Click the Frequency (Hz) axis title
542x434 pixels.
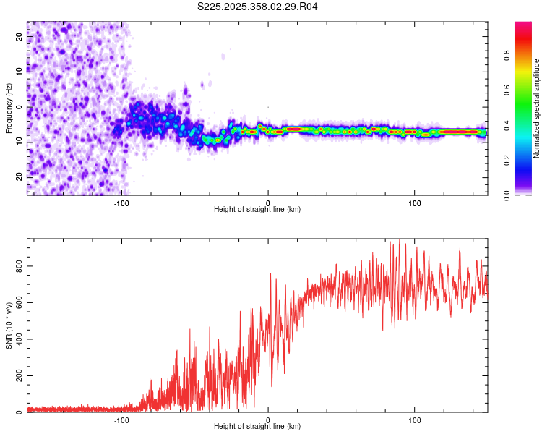click(x=9, y=109)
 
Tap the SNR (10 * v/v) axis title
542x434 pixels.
click(x=9, y=325)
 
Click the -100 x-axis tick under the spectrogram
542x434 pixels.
click(x=121, y=203)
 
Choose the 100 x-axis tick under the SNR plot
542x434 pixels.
click(x=415, y=420)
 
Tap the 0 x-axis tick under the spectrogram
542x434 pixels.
click(x=268, y=203)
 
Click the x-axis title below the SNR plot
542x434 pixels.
click(x=257, y=427)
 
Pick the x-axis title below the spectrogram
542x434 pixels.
click(x=257, y=210)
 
